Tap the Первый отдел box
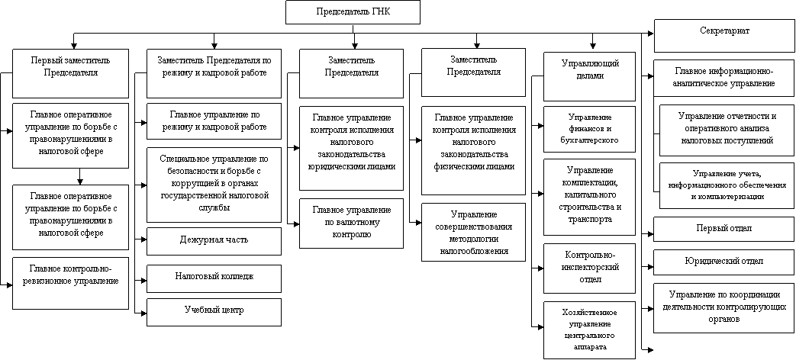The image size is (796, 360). coord(723,229)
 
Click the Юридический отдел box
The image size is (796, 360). coord(723,262)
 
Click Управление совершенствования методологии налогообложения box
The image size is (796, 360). coord(474,232)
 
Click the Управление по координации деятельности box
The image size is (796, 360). coord(723,307)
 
